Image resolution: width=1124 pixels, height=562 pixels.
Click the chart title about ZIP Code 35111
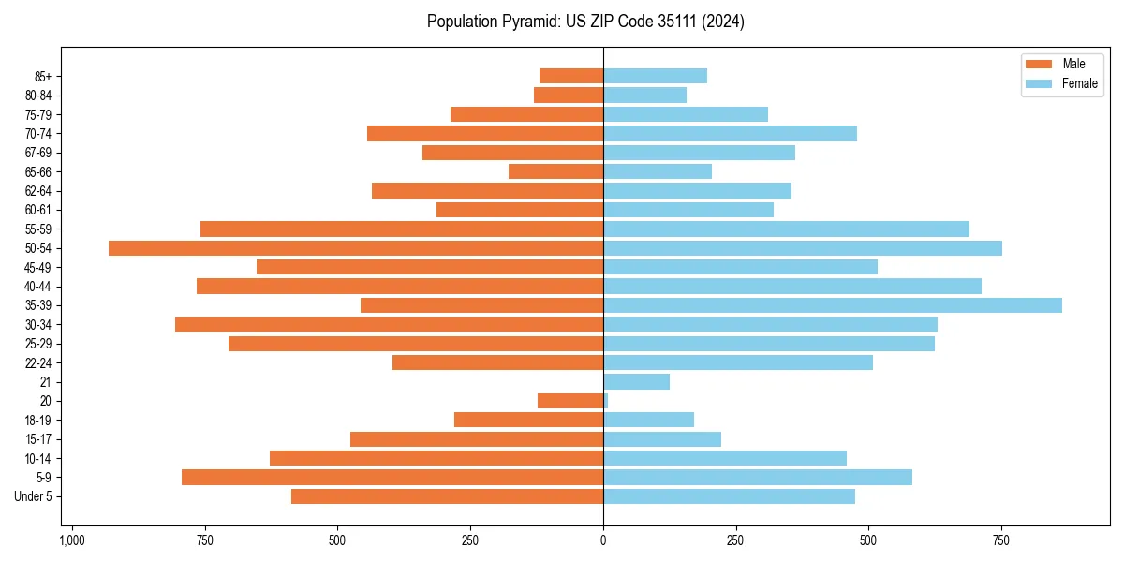coord(585,22)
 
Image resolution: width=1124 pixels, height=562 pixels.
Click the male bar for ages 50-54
coord(356,248)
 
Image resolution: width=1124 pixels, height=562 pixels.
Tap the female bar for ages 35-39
coord(833,305)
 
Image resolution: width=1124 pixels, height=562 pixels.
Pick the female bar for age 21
coord(637,382)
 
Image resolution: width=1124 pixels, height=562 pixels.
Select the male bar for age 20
coord(570,401)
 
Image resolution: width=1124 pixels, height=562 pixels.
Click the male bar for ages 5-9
coord(392,478)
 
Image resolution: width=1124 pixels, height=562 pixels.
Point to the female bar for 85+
coord(655,76)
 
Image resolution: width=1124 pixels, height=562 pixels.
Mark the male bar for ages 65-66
coord(556,171)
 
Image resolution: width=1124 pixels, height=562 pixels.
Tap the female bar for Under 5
coord(729,496)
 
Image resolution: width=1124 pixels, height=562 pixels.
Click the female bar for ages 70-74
coord(730,134)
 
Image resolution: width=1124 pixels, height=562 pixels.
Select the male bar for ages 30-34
coord(390,325)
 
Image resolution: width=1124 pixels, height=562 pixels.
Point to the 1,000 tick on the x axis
coord(72,540)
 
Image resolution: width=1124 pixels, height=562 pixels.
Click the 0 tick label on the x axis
coord(603,540)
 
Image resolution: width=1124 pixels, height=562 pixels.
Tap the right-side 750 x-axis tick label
coord(1001,540)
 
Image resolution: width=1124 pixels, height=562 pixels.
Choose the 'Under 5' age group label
coord(34,496)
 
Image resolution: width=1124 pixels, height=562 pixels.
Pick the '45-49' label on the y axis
coord(38,267)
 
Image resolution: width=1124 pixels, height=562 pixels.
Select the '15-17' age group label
coord(38,439)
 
